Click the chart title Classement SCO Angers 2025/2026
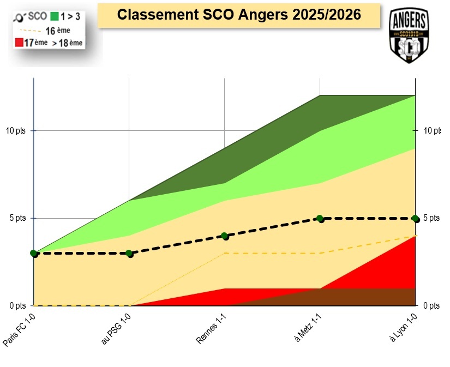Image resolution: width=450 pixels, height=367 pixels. tap(239, 15)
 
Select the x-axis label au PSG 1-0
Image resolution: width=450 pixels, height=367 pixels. tap(116, 330)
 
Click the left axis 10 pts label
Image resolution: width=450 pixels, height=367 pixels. tap(16, 130)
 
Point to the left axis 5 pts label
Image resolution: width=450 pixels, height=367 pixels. tap(17, 218)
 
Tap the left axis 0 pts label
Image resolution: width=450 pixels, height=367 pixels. tap(17, 305)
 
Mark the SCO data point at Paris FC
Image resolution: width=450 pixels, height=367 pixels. tap(34, 254)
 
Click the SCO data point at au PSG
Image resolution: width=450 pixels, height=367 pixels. tap(129, 254)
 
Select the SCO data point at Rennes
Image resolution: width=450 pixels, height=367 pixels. tap(225, 236)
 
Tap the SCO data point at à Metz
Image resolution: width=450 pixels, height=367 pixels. tap(320, 219)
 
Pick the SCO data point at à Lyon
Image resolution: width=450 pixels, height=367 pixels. tap(416, 219)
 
